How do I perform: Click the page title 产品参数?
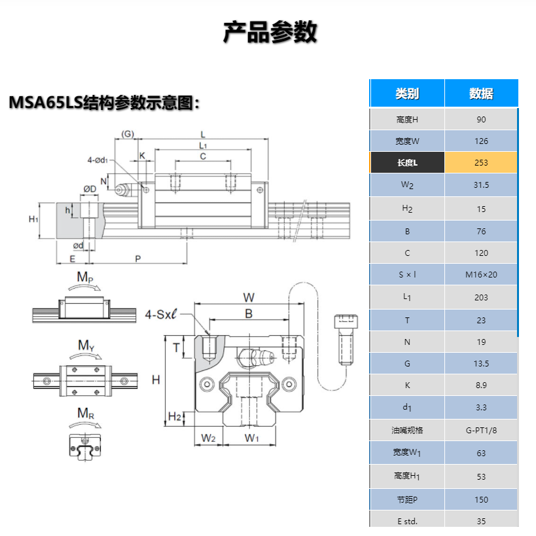point(270,32)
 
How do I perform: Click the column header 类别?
point(406,94)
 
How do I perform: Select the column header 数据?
point(481,94)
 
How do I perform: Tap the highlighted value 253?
point(481,163)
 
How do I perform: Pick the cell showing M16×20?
point(481,274)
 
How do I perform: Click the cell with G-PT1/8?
point(481,430)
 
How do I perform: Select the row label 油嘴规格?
point(406,430)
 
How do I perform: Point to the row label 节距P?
point(406,499)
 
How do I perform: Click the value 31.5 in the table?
point(481,185)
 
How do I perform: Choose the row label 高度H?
point(406,120)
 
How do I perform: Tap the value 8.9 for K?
point(481,385)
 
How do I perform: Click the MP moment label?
point(84,277)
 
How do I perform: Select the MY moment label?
point(84,345)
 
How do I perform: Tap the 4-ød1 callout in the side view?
point(99,160)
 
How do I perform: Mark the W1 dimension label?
point(252,437)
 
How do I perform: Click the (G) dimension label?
point(127,134)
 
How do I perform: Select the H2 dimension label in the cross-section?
point(175,417)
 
